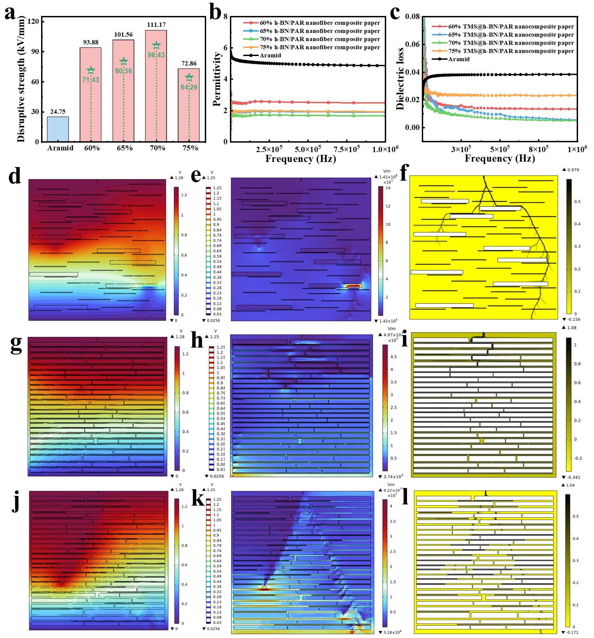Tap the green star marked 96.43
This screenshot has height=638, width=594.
pos(156,45)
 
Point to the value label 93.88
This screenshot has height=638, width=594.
pos(91,42)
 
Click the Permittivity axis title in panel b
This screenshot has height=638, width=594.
pos(217,79)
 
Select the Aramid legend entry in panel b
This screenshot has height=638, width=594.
pos(270,55)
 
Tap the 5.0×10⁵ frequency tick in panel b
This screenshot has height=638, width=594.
pos(307,149)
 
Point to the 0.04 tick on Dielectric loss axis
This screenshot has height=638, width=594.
pos(412,72)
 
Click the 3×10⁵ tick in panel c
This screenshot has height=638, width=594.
pos(461,149)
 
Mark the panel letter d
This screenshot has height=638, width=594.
pos(15,177)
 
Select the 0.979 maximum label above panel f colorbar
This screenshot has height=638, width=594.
pos(573,170)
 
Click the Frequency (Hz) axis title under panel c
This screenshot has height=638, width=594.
pos(499,159)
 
